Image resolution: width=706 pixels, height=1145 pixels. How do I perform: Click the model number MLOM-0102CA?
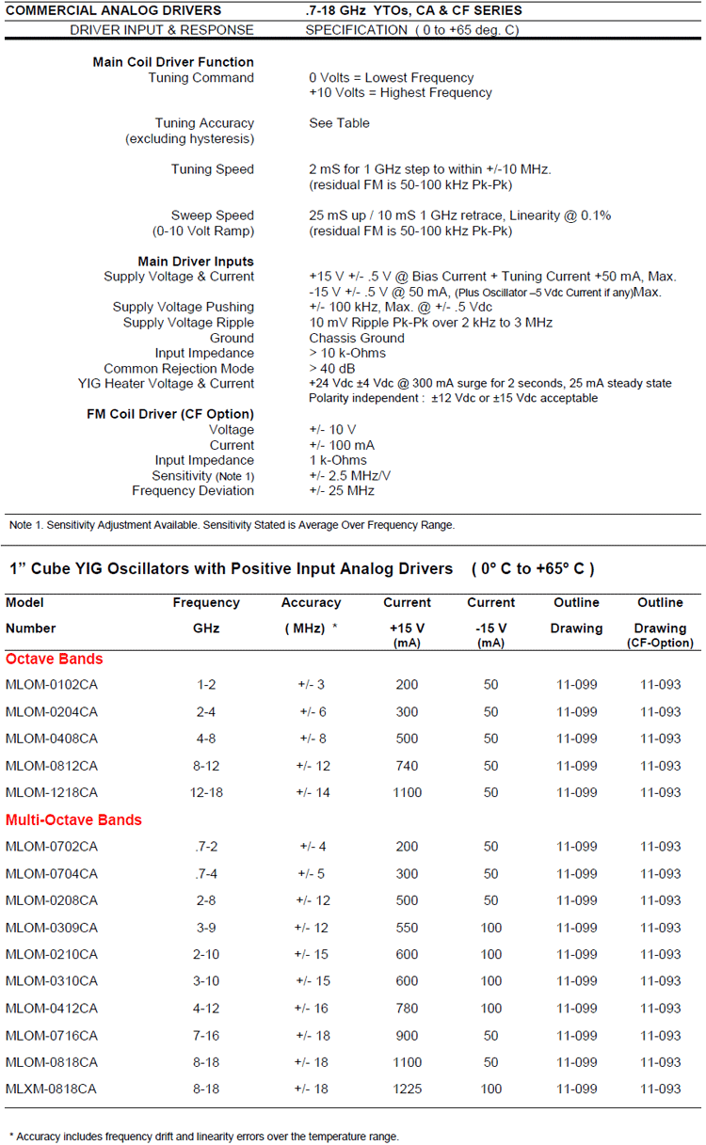[x=52, y=685]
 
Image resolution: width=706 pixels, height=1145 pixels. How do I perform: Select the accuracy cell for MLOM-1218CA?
[x=313, y=792]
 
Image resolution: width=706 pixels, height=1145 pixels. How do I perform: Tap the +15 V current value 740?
[x=407, y=766]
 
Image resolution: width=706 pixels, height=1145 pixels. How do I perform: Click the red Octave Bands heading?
[x=55, y=659]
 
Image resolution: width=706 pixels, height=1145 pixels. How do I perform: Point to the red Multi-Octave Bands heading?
[x=73, y=819]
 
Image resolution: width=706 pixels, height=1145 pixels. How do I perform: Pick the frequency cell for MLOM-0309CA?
[x=206, y=928]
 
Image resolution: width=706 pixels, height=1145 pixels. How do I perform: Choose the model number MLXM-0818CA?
[x=52, y=1089]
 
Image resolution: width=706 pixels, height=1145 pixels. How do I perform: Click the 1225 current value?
[x=407, y=1089]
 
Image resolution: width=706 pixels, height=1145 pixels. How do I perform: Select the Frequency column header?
[x=206, y=602]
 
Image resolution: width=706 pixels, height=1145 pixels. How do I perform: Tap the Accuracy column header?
[x=311, y=602]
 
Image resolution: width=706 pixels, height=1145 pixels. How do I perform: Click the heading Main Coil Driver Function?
[x=173, y=62]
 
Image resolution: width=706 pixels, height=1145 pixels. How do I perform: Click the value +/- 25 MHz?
[x=342, y=490]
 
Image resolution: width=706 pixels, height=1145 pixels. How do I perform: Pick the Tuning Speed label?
[x=212, y=169]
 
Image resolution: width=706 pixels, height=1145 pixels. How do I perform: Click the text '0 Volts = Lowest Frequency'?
[x=392, y=77]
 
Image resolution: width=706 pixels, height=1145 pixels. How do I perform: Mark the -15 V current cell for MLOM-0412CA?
[x=491, y=1009]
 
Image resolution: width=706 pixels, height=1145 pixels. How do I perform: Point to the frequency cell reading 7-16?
[x=206, y=1035]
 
